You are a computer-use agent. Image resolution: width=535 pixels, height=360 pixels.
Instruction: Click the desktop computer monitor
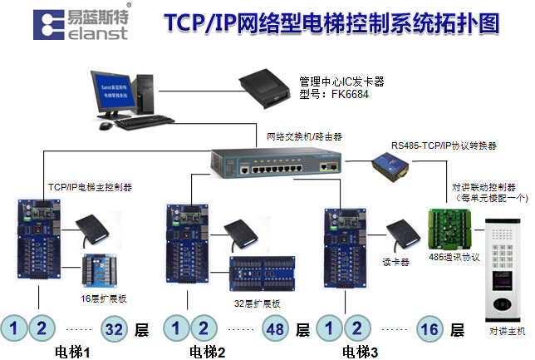tap(121, 92)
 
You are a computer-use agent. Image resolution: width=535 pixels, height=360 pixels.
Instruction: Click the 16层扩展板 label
tap(103, 296)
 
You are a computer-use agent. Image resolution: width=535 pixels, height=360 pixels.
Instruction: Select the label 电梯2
tap(208, 352)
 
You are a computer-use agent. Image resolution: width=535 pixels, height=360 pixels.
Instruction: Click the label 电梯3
tap(361, 352)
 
